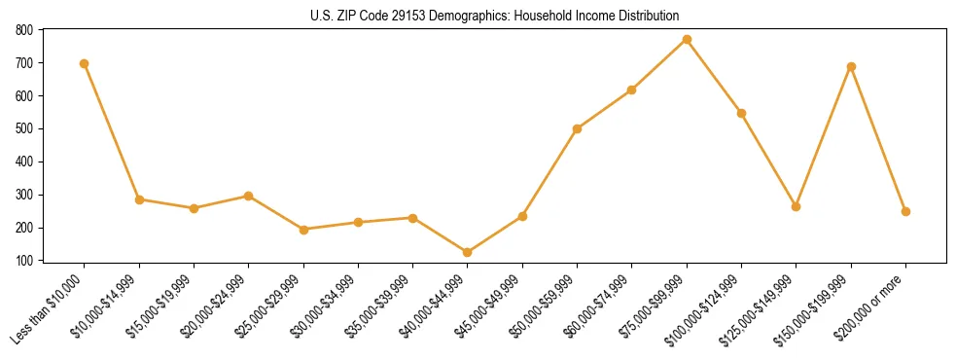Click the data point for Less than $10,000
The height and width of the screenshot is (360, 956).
[x=85, y=64]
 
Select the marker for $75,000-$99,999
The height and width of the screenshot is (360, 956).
[x=687, y=40]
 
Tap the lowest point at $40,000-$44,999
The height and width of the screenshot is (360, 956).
[x=468, y=253]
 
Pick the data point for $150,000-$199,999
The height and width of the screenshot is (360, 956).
[x=851, y=67]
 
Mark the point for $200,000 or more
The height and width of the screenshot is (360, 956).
[x=905, y=211]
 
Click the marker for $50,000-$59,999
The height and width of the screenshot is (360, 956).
[x=578, y=128]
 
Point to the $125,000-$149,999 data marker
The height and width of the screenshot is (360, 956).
[x=797, y=206]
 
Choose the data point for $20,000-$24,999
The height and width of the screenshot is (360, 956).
[x=249, y=196]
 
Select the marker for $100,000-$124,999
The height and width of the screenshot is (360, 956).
[x=741, y=113]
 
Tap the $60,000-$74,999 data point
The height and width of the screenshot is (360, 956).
[x=632, y=90]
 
